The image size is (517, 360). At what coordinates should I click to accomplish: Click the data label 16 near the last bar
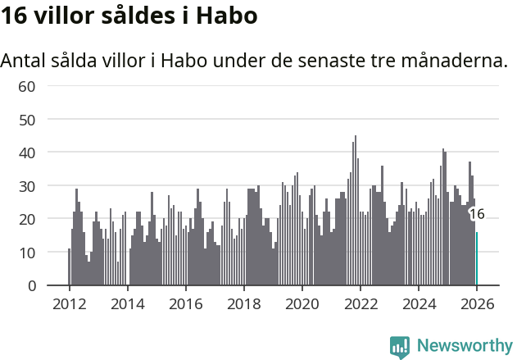[477, 214]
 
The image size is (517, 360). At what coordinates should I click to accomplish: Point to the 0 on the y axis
[31, 285]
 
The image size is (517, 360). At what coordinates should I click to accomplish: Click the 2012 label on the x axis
[69, 303]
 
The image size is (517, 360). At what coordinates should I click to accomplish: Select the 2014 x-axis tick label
[127, 303]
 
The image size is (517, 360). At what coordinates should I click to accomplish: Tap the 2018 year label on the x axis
[243, 303]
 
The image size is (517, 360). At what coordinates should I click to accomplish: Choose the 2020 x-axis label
[302, 303]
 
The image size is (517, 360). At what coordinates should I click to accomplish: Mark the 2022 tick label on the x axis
[360, 303]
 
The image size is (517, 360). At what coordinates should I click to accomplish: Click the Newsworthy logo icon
[400, 346]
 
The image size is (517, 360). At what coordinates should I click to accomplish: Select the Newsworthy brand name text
[464, 346]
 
